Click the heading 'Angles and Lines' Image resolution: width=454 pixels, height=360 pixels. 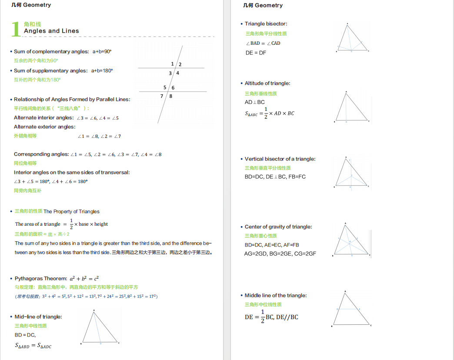51,31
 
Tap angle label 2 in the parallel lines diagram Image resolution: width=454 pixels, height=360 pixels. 180,64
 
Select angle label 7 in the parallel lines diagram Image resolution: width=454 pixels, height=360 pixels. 162,96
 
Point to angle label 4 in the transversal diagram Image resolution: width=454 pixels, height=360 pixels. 177,73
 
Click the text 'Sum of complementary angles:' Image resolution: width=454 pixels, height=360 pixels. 51,51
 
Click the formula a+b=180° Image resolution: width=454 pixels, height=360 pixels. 102,70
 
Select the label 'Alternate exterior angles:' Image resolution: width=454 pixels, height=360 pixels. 44,127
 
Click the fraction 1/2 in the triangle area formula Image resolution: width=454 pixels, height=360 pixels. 71,224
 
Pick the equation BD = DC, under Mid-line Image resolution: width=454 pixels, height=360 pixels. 25,335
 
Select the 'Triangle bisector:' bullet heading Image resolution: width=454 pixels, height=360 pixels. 266,24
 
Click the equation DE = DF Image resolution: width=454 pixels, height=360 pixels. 256,53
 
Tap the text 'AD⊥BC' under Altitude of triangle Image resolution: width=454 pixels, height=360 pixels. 255,102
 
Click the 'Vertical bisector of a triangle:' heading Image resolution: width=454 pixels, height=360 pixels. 280,159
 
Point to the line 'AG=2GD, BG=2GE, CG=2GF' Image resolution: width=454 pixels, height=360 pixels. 280,253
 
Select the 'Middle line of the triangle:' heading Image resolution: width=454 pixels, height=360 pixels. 276,295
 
